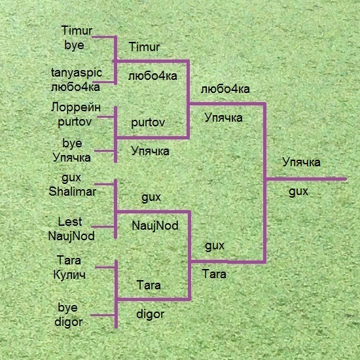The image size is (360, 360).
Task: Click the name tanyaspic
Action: tap(77, 73)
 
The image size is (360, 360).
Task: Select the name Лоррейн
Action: tap(76, 107)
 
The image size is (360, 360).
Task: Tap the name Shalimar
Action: tap(72, 192)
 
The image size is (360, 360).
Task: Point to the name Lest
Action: tap(70, 222)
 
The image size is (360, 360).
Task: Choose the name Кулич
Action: tap(69, 275)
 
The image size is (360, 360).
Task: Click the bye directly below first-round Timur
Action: tap(74, 45)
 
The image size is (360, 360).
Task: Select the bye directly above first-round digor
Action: tap(67, 308)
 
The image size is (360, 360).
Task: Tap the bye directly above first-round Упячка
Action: tap(72, 143)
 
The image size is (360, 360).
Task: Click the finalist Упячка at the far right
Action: tap(301, 162)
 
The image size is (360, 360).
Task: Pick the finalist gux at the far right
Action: tap(298, 191)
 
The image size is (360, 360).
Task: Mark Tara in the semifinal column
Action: tap(214, 274)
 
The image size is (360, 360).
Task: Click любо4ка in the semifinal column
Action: tap(225, 89)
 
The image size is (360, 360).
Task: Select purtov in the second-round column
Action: tap(148, 123)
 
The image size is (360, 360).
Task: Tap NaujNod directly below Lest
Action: tap(71, 236)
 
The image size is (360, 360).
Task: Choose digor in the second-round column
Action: tap(151, 314)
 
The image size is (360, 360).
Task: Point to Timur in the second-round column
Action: tap(145, 47)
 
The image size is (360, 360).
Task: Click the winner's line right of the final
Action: tap(306, 179)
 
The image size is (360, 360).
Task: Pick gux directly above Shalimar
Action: tap(71, 177)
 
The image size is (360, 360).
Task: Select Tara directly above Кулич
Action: tap(69, 261)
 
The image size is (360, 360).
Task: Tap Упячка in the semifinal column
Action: tap(223, 118)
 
